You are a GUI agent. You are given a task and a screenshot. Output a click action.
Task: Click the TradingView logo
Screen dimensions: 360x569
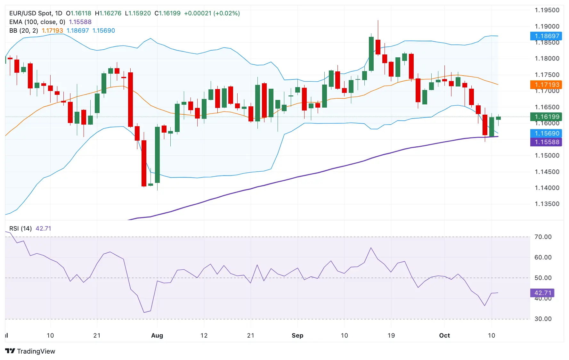pyautogui.click(x=30, y=351)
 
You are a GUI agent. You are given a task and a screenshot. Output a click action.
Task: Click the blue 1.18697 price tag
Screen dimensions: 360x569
pyautogui.click(x=546, y=36)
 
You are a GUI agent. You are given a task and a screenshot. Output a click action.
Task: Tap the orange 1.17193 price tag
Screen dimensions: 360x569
pyautogui.click(x=546, y=85)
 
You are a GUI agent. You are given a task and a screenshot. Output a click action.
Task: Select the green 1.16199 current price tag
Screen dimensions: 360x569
pyautogui.click(x=546, y=117)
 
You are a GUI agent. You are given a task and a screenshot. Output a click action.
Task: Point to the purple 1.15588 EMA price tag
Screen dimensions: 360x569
pyautogui.click(x=546, y=142)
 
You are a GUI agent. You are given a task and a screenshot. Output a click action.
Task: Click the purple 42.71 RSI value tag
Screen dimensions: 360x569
pyautogui.click(x=542, y=293)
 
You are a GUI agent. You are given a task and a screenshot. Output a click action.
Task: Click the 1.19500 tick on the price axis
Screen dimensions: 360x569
pyautogui.click(x=547, y=10)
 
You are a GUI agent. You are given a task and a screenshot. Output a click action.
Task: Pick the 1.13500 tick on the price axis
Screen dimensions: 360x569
pyautogui.click(x=547, y=204)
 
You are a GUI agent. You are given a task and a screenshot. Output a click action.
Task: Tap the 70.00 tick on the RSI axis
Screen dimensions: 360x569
pyautogui.click(x=543, y=237)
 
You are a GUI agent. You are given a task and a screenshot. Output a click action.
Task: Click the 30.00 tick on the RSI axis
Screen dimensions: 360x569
pyautogui.click(x=543, y=319)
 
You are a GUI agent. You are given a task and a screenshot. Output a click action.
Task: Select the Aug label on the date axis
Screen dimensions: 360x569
pyautogui.click(x=157, y=335)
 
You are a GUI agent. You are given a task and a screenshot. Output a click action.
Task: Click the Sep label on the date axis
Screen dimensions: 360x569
pyautogui.click(x=297, y=335)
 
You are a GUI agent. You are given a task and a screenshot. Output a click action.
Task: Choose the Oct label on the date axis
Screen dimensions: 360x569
pyautogui.click(x=444, y=335)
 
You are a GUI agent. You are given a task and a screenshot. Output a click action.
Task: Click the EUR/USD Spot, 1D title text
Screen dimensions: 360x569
pyautogui.click(x=36, y=13)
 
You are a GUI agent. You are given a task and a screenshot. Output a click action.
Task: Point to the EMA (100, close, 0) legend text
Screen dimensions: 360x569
pyautogui.click(x=37, y=22)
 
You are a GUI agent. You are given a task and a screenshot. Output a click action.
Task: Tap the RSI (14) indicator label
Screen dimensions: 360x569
pyautogui.click(x=20, y=228)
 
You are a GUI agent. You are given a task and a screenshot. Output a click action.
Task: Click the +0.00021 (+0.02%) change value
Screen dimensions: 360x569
pyautogui.click(x=212, y=13)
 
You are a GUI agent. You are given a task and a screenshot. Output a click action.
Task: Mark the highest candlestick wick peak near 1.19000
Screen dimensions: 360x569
pyautogui.click(x=378, y=21)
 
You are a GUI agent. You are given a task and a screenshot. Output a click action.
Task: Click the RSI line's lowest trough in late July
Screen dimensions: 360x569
pyautogui.click(x=144, y=312)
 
